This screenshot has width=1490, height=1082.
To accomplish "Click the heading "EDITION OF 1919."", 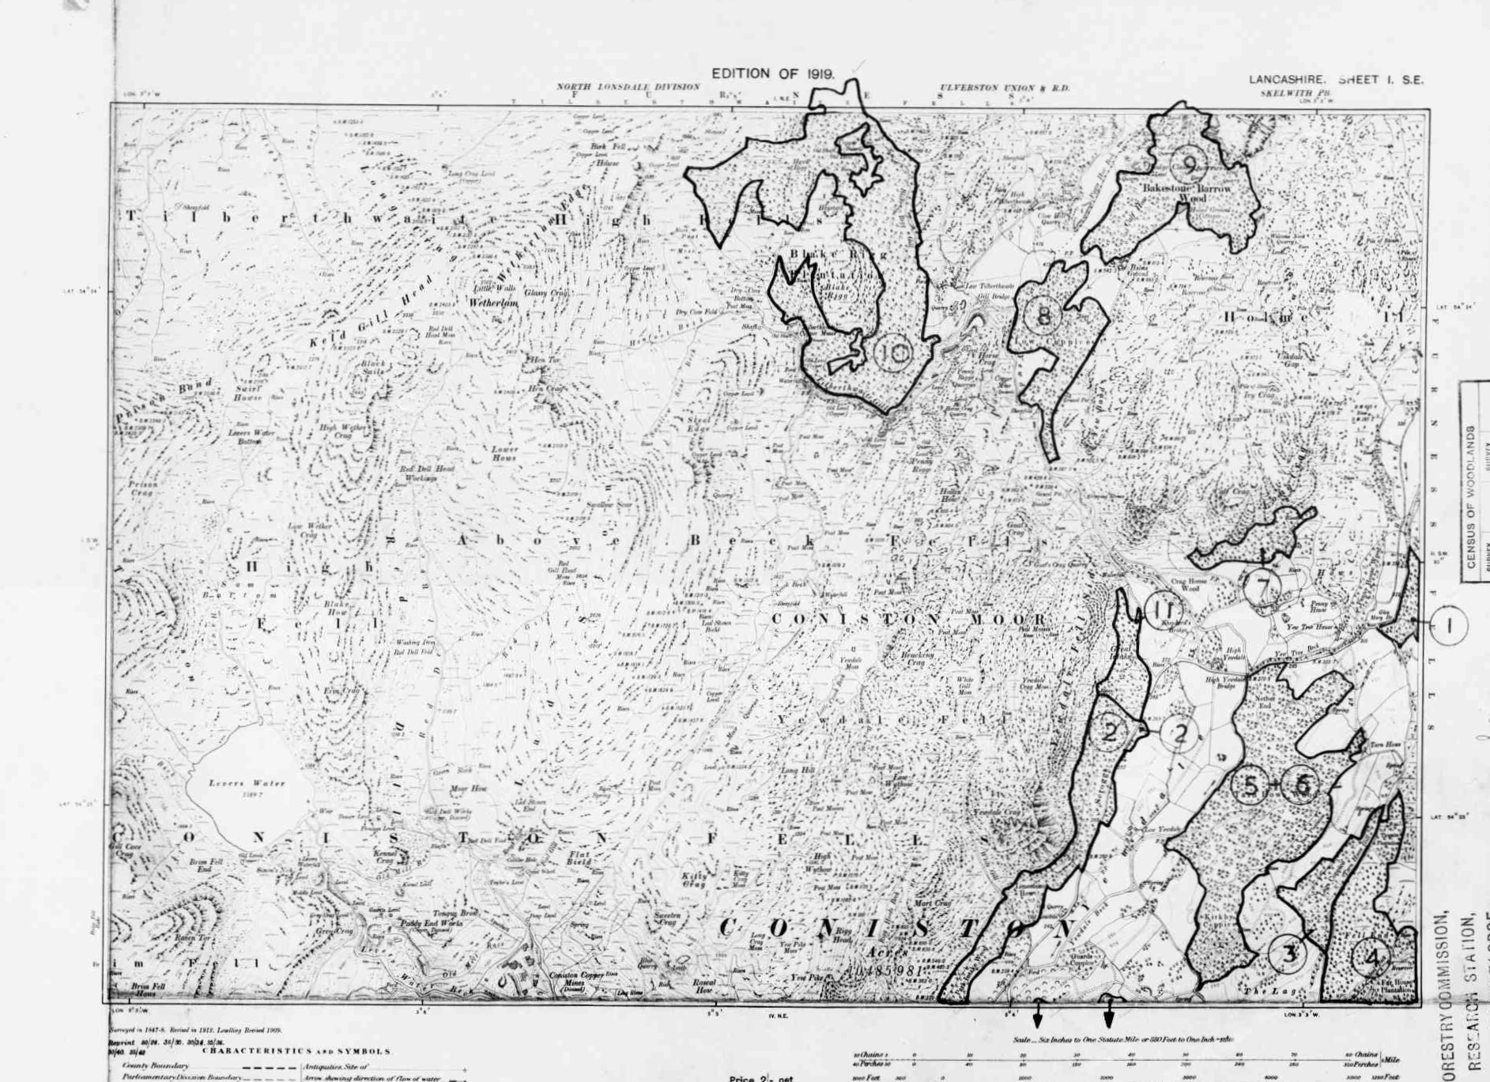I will tap(773, 74).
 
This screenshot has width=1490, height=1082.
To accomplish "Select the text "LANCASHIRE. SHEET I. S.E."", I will tap(1336, 80).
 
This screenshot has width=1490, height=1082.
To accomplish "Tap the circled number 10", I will tap(894, 353).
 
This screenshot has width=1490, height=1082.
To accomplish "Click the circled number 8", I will tap(1043, 316).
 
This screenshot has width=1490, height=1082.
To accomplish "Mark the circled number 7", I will tap(1262, 587).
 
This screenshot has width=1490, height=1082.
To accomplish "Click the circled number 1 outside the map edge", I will tap(1449, 625).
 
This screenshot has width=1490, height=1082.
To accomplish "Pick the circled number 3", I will tap(1288, 954).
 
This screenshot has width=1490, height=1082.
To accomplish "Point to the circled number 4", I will tap(1371, 959).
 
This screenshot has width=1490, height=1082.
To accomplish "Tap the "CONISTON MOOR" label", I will tap(909, 620).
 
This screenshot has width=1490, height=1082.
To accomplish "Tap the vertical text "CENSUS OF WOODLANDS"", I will tap(1472, 498).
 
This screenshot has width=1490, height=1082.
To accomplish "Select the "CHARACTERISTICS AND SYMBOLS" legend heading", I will tap(296, 1051).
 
